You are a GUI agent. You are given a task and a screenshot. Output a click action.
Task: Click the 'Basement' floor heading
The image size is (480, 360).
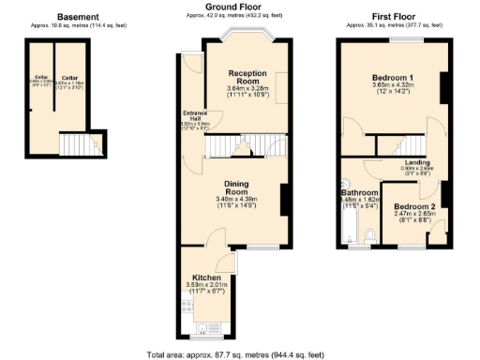pos(78,17)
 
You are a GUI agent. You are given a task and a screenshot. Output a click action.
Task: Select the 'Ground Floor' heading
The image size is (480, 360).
pos(232,7)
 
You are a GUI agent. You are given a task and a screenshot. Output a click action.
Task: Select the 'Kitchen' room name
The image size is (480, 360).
pos(206,278)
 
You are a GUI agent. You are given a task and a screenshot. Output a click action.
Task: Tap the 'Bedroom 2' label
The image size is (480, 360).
pos(414,206)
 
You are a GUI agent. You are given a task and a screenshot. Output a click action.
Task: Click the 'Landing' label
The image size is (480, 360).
pos(419,161)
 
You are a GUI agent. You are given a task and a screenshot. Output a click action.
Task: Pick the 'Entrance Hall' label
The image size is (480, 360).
pos(193,115)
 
